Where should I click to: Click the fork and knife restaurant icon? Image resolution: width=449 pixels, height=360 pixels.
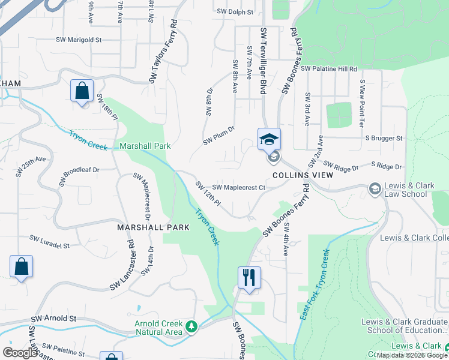(x=249, y=277)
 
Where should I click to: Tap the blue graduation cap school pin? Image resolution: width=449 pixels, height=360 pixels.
(x=269, y=139)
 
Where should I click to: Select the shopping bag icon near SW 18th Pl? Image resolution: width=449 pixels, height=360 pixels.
(x=82, y=91)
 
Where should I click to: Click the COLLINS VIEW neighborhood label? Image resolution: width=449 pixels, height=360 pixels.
(x=294, y=175)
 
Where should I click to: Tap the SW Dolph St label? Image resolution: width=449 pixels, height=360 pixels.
(x=235, y=11)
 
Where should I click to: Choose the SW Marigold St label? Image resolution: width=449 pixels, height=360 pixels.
(x=79, y=40)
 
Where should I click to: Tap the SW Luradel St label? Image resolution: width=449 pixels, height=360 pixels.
(x=51, y=245)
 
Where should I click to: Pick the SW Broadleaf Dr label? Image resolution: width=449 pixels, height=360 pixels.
(x=79, y=178)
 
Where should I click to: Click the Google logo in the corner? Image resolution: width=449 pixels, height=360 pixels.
(x=20, y=352)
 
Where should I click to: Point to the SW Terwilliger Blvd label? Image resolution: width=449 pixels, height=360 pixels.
(x=263, y=60)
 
